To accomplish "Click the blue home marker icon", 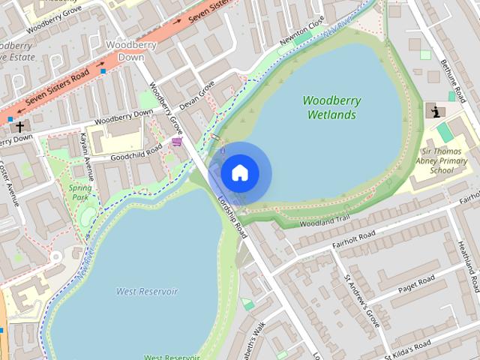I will (239, 173).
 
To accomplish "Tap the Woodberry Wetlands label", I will (331, 108).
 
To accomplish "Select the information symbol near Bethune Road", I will (434, 111).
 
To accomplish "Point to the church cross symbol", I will (19, 126).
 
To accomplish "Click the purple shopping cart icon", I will (177, 141).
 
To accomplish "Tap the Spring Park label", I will (80, 193).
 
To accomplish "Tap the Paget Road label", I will (417, 285).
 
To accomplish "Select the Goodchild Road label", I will (136, 151).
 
